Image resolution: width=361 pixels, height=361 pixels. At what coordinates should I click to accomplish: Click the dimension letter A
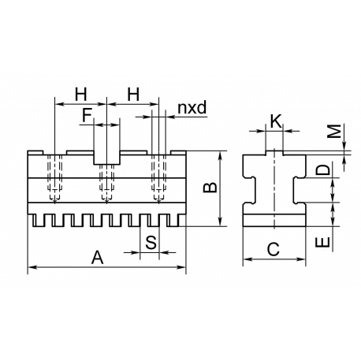(x=98, y=258)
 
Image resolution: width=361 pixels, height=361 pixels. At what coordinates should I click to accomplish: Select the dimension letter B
(x=210, y=188)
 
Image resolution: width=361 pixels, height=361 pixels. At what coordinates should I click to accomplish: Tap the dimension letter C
(x=274, y=249)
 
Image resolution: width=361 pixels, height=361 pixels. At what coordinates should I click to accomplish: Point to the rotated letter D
(x=322, y=170)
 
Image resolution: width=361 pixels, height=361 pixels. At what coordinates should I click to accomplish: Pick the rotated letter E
(x=322, y=242)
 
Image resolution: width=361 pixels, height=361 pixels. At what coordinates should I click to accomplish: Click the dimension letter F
(x=87, y=115)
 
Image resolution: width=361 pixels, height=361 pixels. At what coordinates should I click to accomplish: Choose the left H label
(x=80, y=95)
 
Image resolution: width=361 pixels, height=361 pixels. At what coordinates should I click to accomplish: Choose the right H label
(x=133, y=95)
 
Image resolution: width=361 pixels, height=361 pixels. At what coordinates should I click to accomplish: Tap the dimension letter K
(x=276, y=121)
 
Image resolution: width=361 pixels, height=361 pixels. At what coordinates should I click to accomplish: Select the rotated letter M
(x=334, y=131)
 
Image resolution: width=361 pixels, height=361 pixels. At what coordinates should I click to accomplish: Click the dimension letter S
(x=151, y=242)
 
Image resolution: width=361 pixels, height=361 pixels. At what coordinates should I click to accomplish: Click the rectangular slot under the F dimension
(x=107, y=158)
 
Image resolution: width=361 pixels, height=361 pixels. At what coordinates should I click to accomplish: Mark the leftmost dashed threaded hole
(x=54, y=179)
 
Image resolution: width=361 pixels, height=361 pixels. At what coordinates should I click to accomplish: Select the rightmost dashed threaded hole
(x=158, y=179)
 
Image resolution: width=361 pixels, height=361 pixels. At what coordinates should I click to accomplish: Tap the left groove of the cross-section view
(x=249, y=190)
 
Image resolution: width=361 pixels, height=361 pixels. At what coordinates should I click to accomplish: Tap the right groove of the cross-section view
(x=300, y=190)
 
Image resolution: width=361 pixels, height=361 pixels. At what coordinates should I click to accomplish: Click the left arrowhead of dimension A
(x=32, y=267)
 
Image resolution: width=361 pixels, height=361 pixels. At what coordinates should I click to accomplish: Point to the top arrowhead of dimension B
(x=220, y=155)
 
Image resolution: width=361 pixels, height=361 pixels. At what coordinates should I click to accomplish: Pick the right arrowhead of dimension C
(x=301, y=259)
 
